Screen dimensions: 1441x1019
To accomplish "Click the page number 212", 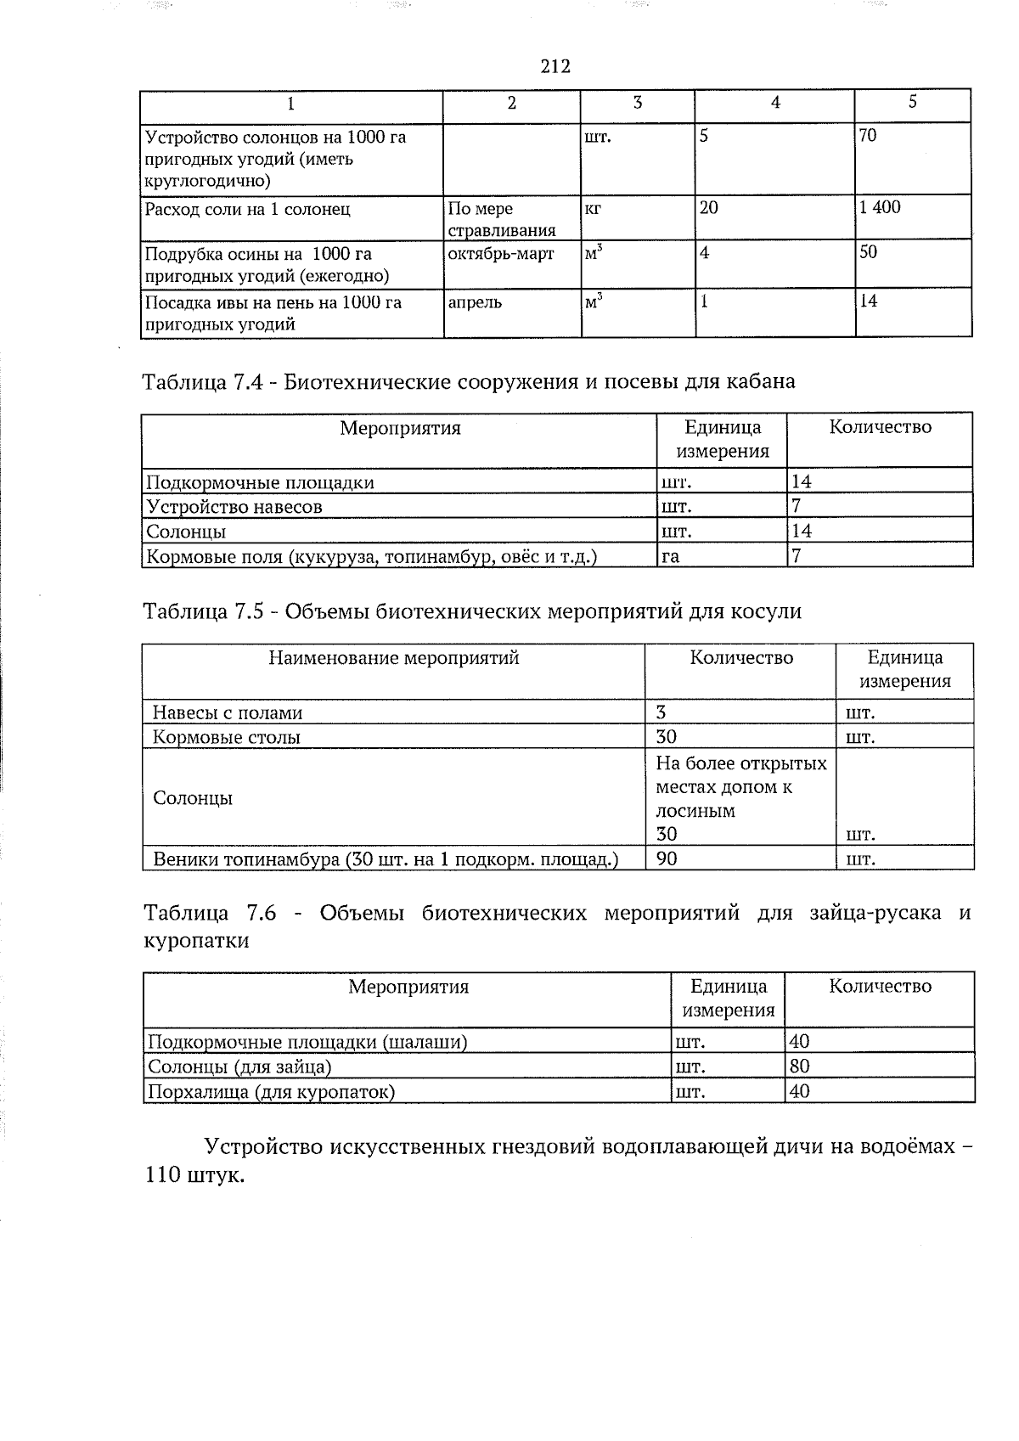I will pyautogui.click(x=555, y=66).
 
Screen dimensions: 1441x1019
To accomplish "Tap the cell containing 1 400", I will pyautogui.click(x=880, y=207).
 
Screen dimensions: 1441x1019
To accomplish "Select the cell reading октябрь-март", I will pyautogui.click(x=500, y=254).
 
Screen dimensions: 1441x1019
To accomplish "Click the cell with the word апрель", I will pyautogui.click(x=475, y=302).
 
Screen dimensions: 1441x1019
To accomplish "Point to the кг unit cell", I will pyautogui.click(x=593, y=207).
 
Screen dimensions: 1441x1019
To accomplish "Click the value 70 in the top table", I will pyautogui.click(x=868, y=136).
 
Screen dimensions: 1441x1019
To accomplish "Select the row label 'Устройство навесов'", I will pyautogui.click(x=234, y=507).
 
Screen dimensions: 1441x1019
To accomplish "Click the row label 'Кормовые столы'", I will pyautogui.click(x=226, y=737).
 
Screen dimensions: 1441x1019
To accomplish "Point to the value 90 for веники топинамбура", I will pyautogui.click(x=667, y=858).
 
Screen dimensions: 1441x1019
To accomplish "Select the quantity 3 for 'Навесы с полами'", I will pyautogui.click(x=661, y=712).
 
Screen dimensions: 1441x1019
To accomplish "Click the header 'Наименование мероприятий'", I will pyautogui.click(x=393, y=658).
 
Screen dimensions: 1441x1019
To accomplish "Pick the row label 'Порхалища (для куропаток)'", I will pyautogui.click(x=272, y=1091).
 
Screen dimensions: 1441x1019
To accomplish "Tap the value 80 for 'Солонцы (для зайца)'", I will pyautogui.click(x=799, y=1067).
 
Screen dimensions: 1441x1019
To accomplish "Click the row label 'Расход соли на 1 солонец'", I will pyautogui.click(x=247, y=209).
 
